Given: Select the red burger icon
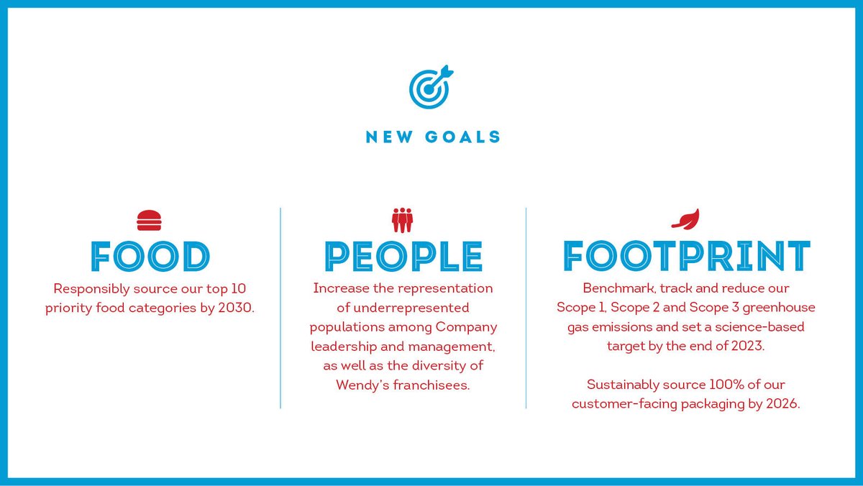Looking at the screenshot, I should pos(150,220).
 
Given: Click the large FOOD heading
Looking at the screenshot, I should pos(150,256).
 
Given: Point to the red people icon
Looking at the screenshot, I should pos(403,220).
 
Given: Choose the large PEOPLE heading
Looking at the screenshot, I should pos(403,256).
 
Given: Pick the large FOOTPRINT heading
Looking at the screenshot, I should pos(686,256).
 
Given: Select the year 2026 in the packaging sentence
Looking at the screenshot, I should pos(782,404).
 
